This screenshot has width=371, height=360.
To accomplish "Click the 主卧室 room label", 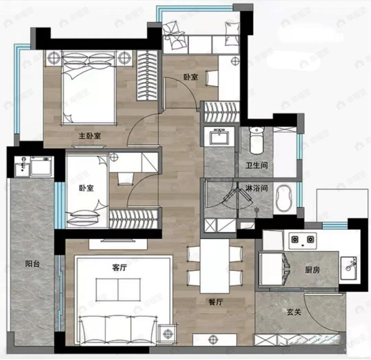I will click(90, 136).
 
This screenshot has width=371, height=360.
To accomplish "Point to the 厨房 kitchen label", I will click(312, 270).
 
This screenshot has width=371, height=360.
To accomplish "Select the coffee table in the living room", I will click(118, 289).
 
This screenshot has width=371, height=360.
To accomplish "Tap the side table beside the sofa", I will click(167, 332).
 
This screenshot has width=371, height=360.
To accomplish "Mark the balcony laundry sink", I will click(22, 166).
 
